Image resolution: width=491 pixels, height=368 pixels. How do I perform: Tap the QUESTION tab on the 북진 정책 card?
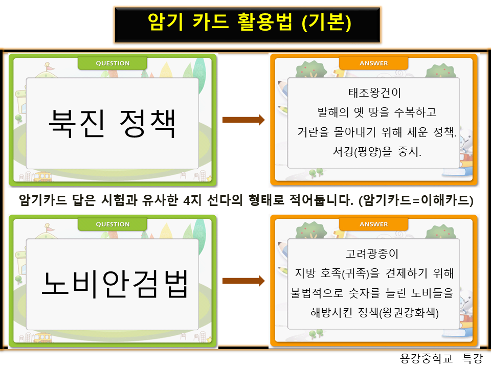tap(113, 63)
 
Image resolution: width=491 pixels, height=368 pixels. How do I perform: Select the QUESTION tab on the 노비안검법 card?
tap(113, 224)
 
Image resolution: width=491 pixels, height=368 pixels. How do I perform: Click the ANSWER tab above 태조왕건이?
tap(374, 63)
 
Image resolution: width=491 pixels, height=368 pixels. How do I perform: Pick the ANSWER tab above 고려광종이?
tap(374, 224)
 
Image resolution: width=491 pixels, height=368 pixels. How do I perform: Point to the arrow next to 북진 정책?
tap(243, 120)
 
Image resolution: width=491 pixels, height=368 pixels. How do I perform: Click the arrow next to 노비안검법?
tap(243, 281)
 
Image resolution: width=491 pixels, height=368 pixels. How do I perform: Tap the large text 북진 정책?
tap(112, 123)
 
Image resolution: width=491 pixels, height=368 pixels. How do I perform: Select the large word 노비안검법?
tap(114, 284)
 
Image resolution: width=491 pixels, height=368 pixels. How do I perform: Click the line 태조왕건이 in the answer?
tap(374, 94)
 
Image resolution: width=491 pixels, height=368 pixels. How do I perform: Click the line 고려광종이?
tap(372, 254)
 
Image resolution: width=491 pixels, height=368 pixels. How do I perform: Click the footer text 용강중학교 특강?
tap(441, 359)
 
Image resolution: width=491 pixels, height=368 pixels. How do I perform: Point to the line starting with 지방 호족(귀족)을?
tap(374, 273)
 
